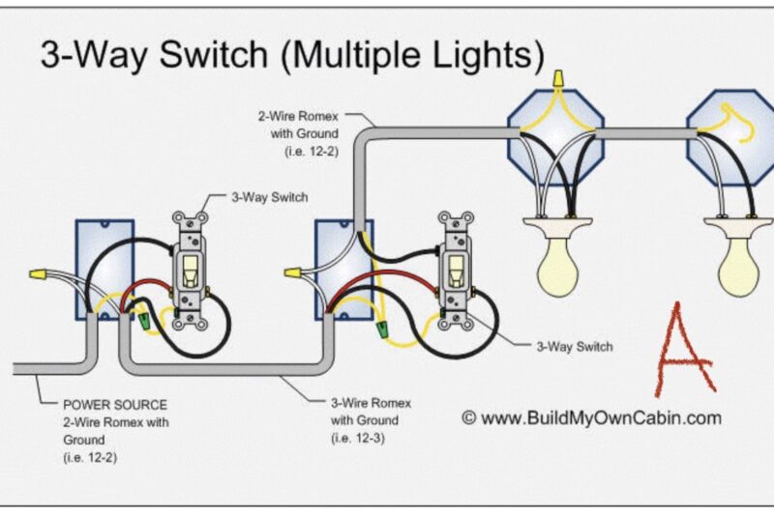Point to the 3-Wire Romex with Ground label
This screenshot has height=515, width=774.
pyautogui.click(x=365, y=411)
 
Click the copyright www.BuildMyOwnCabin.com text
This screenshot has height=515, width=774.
pyautogui.click(x=591, y=417)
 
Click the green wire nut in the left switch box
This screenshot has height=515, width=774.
pyautogui.click(x=144, y=318)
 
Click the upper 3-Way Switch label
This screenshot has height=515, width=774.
pyautogui.click(x=269, y=198)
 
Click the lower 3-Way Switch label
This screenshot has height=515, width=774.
pyautogui.click(x=575, y=346)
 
